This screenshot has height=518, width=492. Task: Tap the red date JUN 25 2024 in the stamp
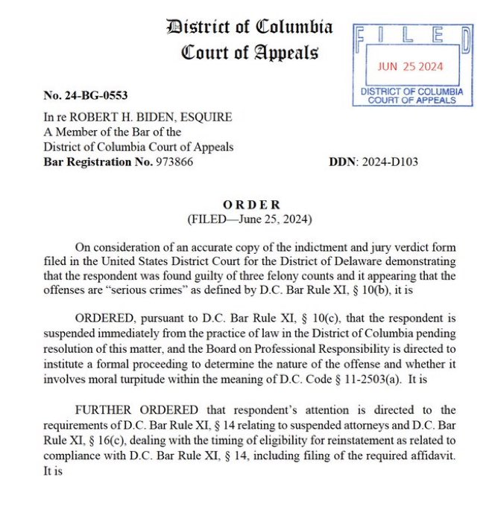click(410, 66)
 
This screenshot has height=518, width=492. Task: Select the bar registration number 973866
click(171, 162)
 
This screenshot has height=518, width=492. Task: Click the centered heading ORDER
click(253, 205)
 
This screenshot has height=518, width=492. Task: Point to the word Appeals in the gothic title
click(285, 53)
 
